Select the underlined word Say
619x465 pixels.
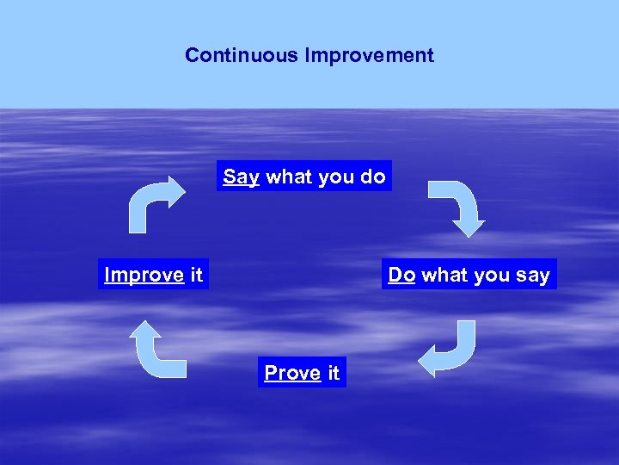(241, 177)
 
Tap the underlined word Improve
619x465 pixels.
(144, 275)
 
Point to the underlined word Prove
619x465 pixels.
(292, 373)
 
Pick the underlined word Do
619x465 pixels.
(401, 275)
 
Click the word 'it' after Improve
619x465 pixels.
(196, 275)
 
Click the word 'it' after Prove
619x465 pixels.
(334, 373)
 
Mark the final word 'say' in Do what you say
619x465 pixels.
(532, 275)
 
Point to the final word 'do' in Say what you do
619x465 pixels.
(372, 177)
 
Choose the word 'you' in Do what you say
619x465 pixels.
(491, 275)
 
